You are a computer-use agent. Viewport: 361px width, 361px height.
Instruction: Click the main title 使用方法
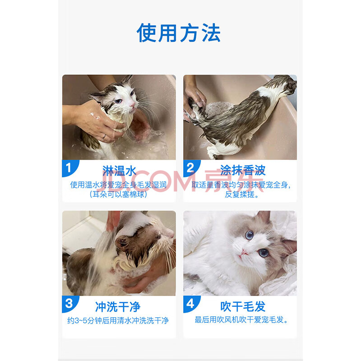tap(179, 32)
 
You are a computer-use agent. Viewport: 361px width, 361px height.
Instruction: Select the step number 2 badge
tap(191, 168)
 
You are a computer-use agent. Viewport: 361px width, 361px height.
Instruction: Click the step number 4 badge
tap(191, 304)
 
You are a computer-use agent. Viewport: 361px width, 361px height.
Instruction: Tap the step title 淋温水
tap(119, 171)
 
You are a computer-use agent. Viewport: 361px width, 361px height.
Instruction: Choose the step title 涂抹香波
tap(243, 171)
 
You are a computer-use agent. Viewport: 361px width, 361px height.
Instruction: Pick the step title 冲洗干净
tap(118, 307)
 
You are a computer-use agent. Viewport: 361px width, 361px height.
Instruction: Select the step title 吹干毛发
tap(243, 306)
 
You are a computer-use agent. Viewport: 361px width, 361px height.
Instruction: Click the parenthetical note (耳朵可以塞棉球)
tap(118, 194)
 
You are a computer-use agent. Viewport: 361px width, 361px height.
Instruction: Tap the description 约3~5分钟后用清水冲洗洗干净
tap(118, 320)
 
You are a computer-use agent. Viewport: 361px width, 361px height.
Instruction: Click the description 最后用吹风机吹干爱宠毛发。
tap(241, 319)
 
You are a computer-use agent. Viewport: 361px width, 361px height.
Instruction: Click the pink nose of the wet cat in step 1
tap(132, 105)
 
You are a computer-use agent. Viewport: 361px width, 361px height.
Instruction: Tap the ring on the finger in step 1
tap(104, 136)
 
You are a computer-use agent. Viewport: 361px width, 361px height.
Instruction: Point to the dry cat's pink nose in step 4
tap(244, 253)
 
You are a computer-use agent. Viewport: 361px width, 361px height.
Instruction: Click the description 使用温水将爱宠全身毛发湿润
tap(118, 185)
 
